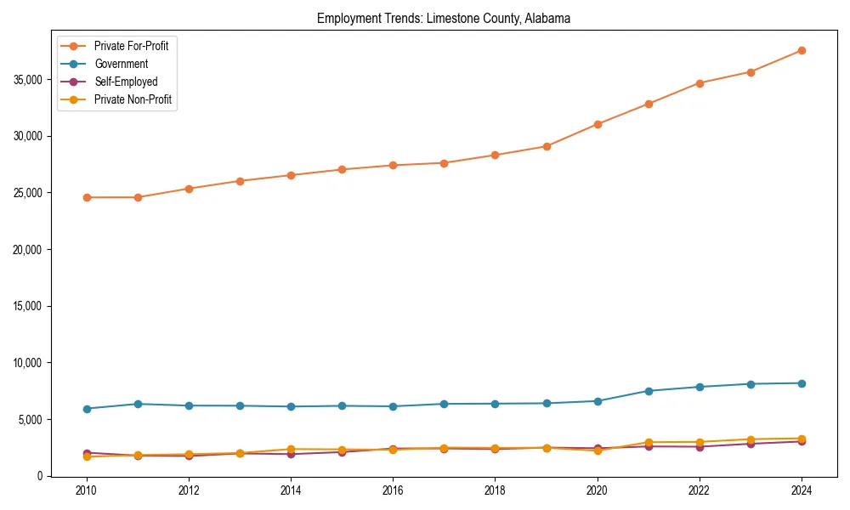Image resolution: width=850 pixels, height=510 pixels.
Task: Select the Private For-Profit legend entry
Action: [x=131, y=46]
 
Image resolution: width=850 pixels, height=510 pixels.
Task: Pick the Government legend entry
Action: [x=121, y=64]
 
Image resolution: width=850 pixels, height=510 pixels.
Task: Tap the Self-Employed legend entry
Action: [x=126, y=82]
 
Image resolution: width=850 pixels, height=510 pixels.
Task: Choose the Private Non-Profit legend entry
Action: [x=133, y=99]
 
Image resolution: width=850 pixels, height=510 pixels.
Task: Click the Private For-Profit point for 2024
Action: [x=801, y=50]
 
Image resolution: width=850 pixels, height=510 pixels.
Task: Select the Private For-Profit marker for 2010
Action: [x=87, y=197]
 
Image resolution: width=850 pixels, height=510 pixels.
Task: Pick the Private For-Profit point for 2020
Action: [x=597, y=124]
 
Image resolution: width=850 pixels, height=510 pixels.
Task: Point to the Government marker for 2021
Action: [x=648, y=391]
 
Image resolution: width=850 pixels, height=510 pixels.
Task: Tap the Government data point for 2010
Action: [x=87, y=409]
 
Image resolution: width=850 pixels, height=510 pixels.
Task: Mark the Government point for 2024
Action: [x=801, y=383]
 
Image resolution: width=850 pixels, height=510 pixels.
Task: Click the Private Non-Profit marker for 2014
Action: [x=291, y=449]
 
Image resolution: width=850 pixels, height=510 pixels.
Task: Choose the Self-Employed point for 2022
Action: [x=699, y=446]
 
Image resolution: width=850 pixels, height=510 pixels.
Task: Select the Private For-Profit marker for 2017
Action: [x=444, y=163]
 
